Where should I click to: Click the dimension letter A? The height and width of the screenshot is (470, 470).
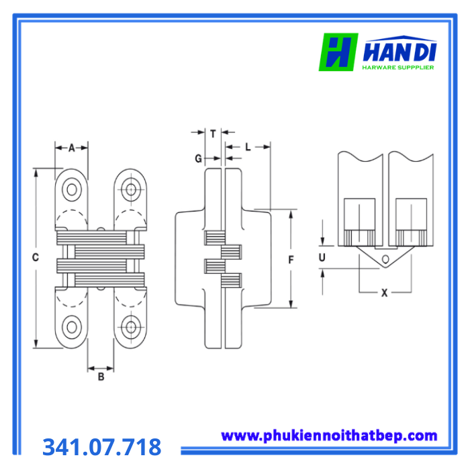coord(72,148)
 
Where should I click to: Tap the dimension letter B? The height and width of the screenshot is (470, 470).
coord(101,377)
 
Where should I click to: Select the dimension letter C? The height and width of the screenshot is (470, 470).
coord(36,257)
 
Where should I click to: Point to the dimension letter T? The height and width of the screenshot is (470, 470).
coord(213,134)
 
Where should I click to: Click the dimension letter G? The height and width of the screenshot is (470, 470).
coord(199,158)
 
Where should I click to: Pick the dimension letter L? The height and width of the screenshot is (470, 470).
coord(248,147)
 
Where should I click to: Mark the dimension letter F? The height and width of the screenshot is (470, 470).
coord(291,260)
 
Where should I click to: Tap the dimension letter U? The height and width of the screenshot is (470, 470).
coord(322,257)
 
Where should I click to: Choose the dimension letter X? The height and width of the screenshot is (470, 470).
coord(384,293)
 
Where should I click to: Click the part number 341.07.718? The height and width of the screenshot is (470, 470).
coord(102,446)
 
